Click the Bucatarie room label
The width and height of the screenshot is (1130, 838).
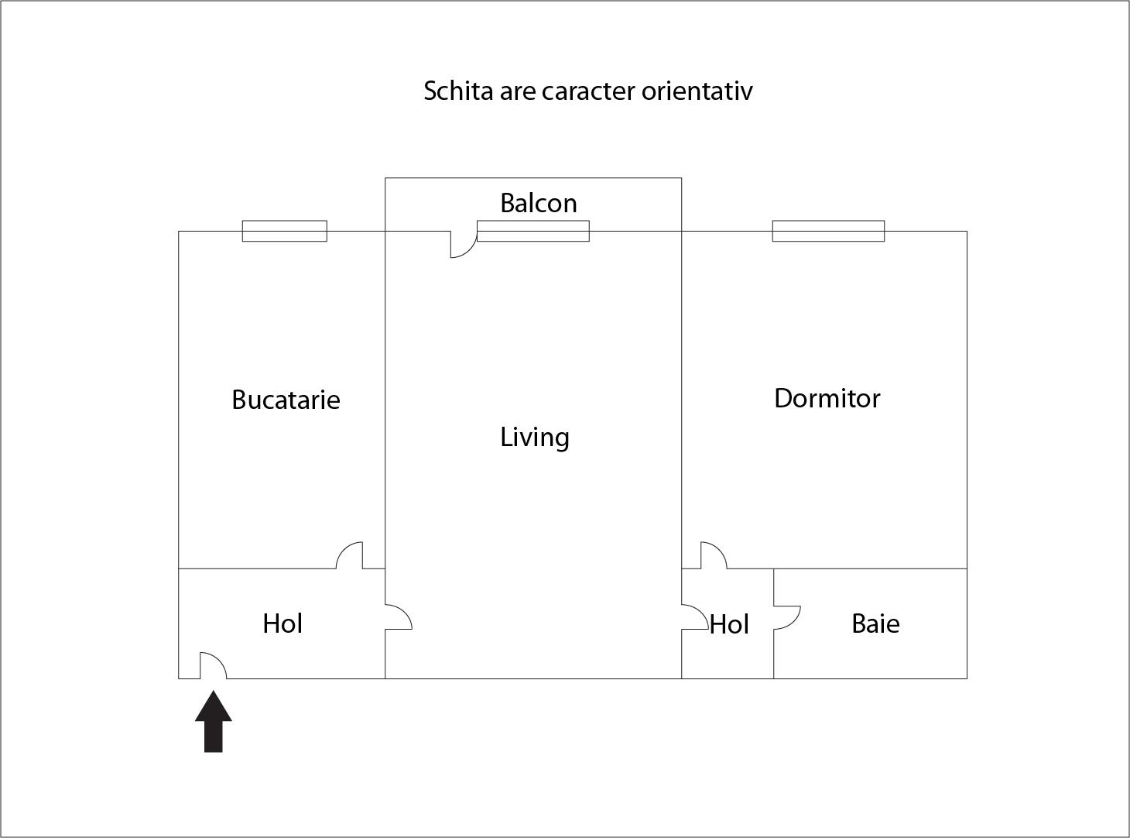click(286, 400)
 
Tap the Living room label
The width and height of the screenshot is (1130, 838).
click(535, 438)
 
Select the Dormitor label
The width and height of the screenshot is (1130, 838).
click(827, 398)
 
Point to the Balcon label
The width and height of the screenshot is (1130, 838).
click(539, 203)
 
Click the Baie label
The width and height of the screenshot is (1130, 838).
click(875, 623)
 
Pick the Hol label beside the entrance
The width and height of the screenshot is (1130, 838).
click(282, 623)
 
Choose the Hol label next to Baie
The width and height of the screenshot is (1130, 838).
click(729, 624)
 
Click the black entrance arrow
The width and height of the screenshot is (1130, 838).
click(214, 721)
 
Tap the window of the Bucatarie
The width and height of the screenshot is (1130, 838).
click(284, 231)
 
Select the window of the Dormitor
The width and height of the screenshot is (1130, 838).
click(828, 231)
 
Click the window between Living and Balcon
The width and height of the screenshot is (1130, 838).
click(533, 231)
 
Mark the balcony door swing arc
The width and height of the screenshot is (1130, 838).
click(464, 244)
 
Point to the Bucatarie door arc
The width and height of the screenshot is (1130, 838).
click(350, 555)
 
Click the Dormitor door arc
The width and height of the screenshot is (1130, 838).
click(714, 555)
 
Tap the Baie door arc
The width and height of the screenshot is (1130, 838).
click(787, 618)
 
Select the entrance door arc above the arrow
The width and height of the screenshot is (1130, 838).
click(214, 665)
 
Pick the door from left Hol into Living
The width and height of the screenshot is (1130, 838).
click(399, 617)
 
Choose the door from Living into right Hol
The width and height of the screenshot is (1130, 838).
click(696, 617)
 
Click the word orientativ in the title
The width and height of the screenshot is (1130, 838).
click(697, 91)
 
